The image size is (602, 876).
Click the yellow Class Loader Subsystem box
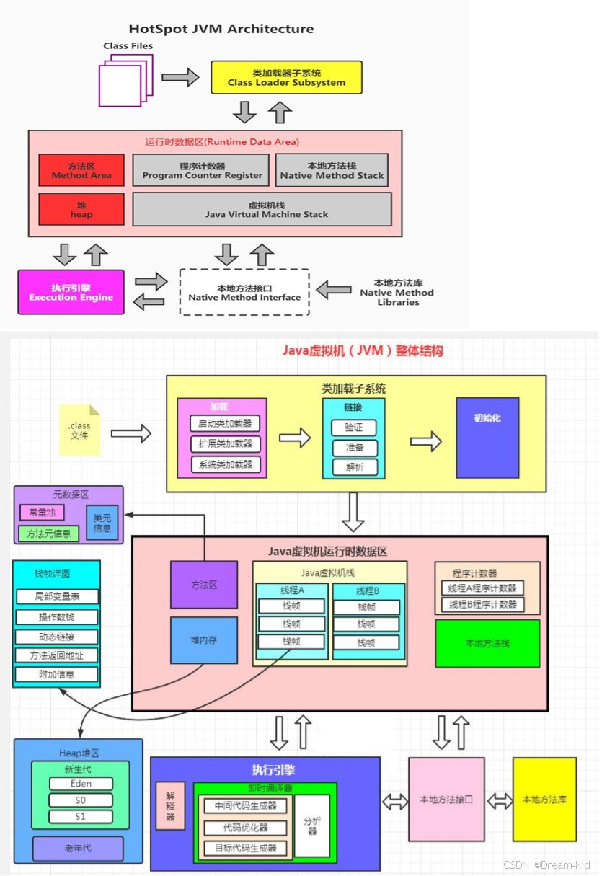pos(286,77)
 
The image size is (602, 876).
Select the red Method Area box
pos(81,170)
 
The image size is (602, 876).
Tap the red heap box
pos(81,209)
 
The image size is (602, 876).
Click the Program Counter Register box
pos(201,170)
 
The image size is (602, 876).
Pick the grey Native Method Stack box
pos(332,170)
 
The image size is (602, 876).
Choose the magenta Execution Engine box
pos(71,292)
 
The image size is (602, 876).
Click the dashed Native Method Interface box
pos(244,292)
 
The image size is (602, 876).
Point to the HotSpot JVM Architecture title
pos(221,29)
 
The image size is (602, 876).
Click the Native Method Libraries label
pos(397,292)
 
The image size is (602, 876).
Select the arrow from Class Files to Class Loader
pos(180,77)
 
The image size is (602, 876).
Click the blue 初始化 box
pos(487,438)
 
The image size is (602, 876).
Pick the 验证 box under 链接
pos(354,428)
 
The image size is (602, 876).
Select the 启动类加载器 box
pos(225,424)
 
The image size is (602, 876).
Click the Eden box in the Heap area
pos(81,784)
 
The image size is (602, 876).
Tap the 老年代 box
pos(77,849)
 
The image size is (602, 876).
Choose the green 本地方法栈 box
pos(487,643)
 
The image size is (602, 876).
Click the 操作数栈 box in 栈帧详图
pos(57,616)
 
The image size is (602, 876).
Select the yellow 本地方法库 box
pos(544,799)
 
